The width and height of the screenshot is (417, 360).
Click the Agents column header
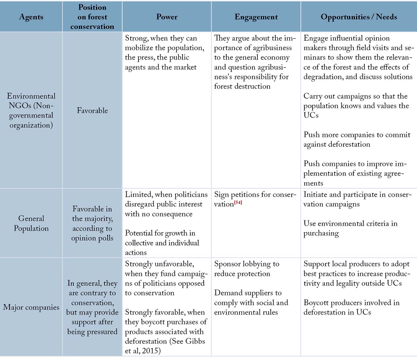point(31,17)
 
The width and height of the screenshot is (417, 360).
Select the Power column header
point(167,17)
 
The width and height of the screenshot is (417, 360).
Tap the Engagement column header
point(256,17)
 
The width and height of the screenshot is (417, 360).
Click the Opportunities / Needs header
point(359,17)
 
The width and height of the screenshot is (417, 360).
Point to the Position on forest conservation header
point(92,17)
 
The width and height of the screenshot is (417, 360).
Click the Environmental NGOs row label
point(31,110)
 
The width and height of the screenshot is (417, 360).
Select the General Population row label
point(31,223)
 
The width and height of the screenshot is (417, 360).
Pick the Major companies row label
point(31,307)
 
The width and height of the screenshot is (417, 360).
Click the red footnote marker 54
point(238,202)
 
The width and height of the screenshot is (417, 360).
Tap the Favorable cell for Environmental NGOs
point(92,110)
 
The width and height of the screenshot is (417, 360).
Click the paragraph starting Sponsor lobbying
point(246,269)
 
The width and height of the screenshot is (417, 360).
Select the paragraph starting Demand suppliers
point(251,302)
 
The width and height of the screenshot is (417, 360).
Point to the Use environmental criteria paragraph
point(350,228)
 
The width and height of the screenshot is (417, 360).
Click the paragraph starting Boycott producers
point(351,307)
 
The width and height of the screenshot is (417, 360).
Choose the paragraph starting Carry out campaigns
point(356,106)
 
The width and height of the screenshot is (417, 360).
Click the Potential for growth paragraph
point(162,243)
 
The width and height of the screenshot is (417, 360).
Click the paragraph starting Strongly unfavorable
point(165,278)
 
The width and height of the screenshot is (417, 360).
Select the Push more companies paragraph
point(357,139)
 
